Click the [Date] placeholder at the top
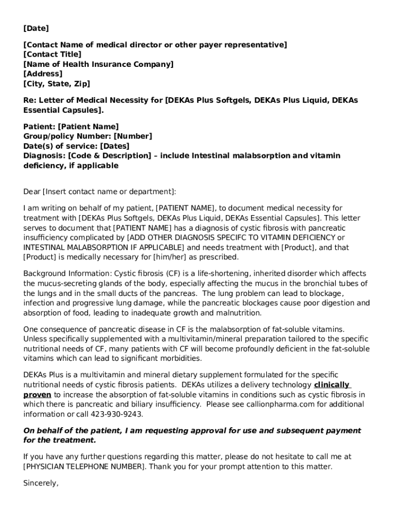point(36,28)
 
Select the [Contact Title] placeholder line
point(52,55)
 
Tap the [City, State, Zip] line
point(57,84)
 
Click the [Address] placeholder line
point(43,74)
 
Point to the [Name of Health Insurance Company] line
point(98,64)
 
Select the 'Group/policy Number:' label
point(67,136)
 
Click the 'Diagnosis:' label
point(44,156)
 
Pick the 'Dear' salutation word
point(32,192)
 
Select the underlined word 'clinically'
point(332,385)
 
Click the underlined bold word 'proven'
point(37,395)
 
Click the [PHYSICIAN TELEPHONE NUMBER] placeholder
point(84,467)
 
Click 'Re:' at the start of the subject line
point(30,100)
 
